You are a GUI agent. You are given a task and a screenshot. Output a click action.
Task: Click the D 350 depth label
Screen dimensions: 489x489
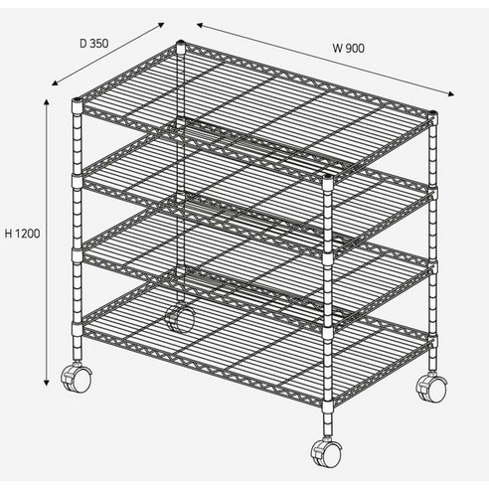pos(94,44)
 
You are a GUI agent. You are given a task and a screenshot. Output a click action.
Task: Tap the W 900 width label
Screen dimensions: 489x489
pos(349,49)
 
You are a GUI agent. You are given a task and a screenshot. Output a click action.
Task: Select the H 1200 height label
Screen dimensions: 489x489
pos(22,234)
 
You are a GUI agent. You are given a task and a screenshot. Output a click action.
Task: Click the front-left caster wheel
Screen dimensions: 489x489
pos(76,379)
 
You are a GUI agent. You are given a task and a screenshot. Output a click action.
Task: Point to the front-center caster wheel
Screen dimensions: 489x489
pos(326,452)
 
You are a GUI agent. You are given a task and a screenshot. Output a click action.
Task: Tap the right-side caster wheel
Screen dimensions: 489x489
pos(432,388)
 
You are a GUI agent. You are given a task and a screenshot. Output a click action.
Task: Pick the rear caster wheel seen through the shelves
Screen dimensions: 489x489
pos(180,318)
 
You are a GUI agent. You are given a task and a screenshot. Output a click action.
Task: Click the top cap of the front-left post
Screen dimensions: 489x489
pos(77,100)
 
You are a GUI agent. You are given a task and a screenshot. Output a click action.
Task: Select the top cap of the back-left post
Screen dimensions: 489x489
pos(181,43)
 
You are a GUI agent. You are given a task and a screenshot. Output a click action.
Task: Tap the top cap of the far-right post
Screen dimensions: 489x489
pos(433,114)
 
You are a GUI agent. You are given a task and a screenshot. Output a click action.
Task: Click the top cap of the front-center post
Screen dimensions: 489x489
pos(327,178)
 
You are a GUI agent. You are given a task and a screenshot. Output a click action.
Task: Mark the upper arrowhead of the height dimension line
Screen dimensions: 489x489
pos(47,101)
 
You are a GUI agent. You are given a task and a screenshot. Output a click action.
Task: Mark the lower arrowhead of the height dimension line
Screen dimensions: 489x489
pos(47,383)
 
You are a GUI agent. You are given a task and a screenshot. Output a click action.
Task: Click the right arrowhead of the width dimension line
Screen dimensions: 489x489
pos(451,94)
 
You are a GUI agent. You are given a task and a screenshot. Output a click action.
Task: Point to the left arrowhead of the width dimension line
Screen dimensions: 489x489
pos(201,25)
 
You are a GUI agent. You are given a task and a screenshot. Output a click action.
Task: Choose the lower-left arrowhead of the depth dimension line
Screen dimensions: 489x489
pos(56,83)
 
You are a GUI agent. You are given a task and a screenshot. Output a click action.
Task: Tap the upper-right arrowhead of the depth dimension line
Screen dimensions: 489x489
pos(161,25)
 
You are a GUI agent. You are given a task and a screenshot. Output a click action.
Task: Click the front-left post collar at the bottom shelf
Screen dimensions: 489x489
pos(77,329)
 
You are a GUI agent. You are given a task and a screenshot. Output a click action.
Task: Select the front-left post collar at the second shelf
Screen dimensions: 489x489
pos(77,181)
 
